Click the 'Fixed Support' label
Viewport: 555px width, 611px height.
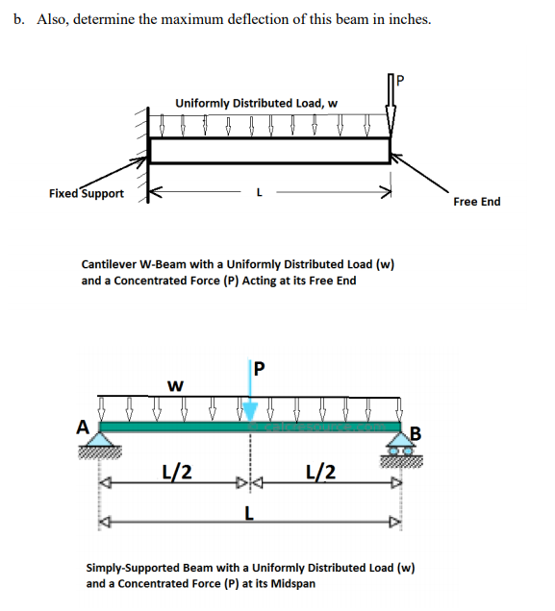click(x=87, y=194)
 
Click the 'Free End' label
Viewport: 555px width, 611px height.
click(x=476, y=202)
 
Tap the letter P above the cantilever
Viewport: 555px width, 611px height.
click(x=400, y=81)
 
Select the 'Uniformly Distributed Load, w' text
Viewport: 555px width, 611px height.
click(x=256, y=103)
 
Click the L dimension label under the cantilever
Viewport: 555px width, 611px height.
click(x=260, y=192)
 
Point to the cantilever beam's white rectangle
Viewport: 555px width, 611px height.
click(x=269, y=151)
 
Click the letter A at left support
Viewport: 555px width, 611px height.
click(x=83, y=428)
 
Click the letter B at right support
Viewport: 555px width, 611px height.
click(x=416, y=433)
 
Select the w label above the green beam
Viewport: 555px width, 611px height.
click(x=175, y=386)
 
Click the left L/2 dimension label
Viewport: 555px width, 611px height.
click(x=177, y=472)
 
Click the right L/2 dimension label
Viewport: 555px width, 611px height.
click(x=320, y=472)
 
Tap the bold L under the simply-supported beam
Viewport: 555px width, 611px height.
click(x=249, y=514)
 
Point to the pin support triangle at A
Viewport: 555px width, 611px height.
click(x=100, y=439)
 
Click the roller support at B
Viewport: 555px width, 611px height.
click(x=401, y=444)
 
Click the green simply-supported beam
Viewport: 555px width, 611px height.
click(x=250, y=427)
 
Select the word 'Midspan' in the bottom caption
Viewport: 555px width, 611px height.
click(x=293, y=584)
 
